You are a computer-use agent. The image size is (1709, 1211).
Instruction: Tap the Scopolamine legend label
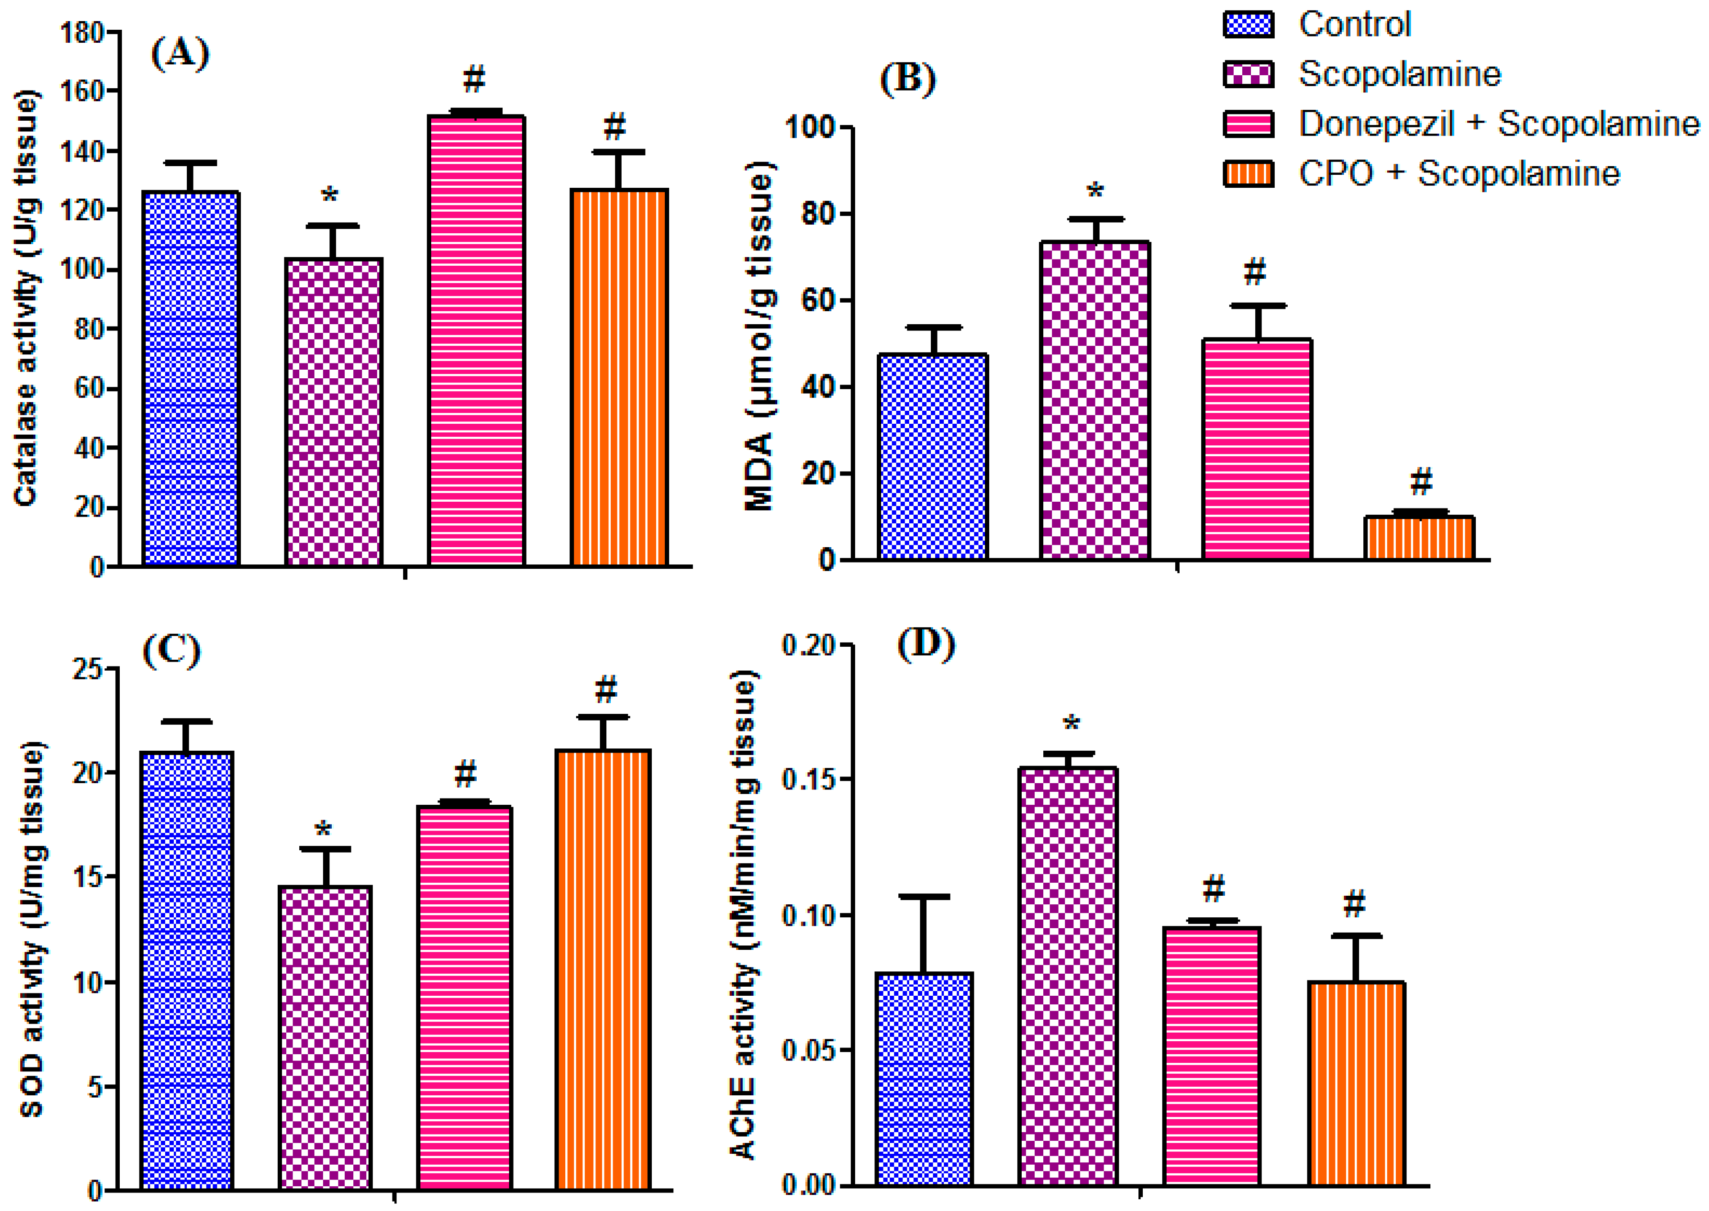[x=1399, y=74]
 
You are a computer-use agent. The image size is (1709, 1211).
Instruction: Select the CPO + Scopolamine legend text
[x=1459, y=174]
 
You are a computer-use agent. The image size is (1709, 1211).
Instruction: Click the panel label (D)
[x=926, y=645]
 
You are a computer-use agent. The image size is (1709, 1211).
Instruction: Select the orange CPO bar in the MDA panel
[x=1418, y=538]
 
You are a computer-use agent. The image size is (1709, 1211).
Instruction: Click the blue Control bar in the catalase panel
[x=191, y=379]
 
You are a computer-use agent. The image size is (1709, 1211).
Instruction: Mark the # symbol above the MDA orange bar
[x=1420, y=482]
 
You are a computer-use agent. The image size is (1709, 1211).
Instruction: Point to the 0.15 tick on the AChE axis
[x=807, y=780]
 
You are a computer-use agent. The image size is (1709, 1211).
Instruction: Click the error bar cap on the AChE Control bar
[x=924, y=896]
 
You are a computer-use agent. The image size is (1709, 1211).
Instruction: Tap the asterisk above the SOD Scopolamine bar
[x=324, y=829]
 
